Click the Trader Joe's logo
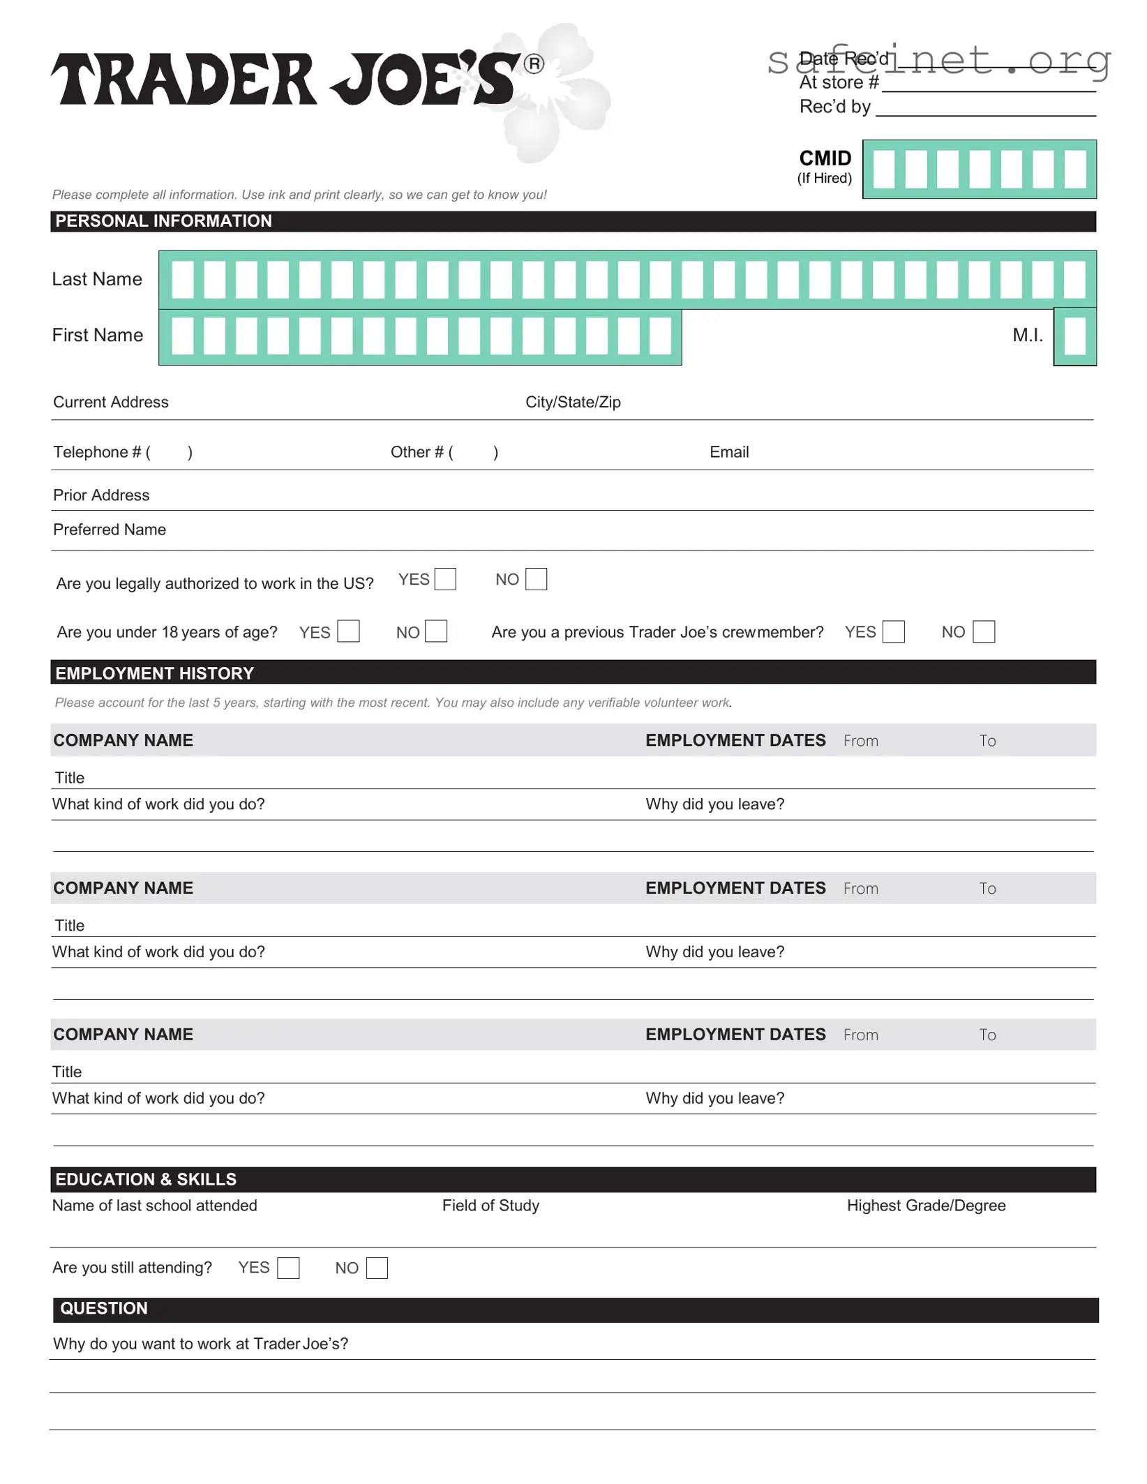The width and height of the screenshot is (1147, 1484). tap(286, 79)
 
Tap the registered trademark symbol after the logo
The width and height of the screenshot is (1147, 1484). tap(534, 64)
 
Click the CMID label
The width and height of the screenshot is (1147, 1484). tap(825, 158)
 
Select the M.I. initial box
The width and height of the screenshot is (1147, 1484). tap(1074, 336)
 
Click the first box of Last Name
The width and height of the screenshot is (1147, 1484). tap(182, 279)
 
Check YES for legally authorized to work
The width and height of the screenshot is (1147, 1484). tap(445, 579)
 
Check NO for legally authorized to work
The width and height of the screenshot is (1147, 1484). tap(536, 579)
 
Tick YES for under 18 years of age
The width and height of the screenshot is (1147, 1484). tap(348, 631)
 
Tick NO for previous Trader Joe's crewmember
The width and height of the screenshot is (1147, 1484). tap(983, 631)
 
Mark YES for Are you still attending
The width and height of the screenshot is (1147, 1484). tap(288, 1268)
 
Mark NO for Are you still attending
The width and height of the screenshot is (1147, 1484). tap(377, 1268)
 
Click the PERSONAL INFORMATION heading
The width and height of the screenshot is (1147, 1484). tap(163, 221)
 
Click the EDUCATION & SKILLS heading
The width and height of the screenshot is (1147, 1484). tap(146, 1179)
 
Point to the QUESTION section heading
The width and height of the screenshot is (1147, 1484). tap(104, 1308)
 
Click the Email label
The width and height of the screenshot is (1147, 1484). tap(729, 452)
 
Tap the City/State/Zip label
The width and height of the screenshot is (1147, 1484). tap(573, 402)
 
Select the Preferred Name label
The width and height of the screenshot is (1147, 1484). tap(110, 530)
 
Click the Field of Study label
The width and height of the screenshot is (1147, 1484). tap(490, 1206)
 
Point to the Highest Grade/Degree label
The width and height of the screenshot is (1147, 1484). tap(926, 1206)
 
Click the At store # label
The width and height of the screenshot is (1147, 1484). tap(839, 82)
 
